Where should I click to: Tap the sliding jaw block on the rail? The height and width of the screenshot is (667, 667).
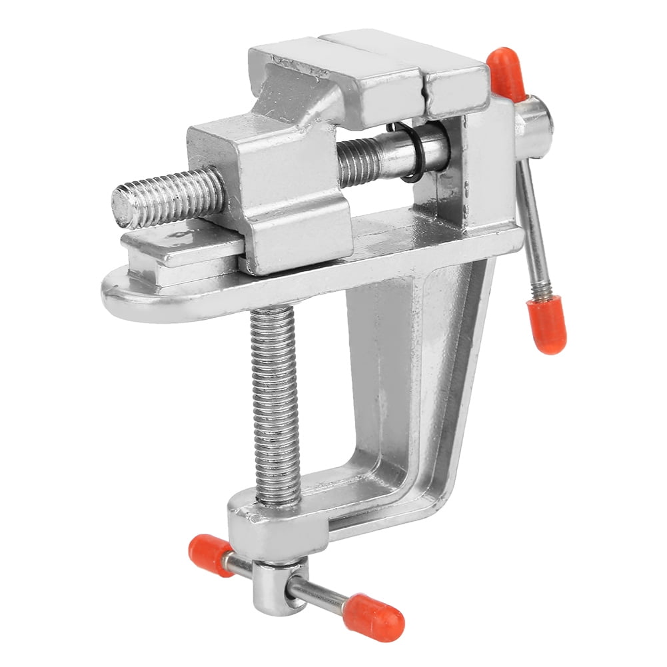(280, 200)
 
